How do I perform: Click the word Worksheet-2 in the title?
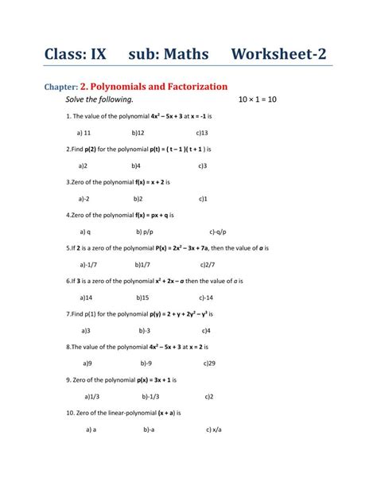coord(278,54)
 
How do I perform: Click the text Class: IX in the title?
coord(76,54)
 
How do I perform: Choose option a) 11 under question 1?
coord(84,133)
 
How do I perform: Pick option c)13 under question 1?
coord(202,133)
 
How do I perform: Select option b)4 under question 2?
coord(137,165)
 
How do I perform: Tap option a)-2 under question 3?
coord(84,199)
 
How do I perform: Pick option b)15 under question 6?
coord(141,297)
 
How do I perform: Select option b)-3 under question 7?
coord(145,330)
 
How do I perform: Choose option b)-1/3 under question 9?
coord(150,396)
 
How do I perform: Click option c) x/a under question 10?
coord(213,430)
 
